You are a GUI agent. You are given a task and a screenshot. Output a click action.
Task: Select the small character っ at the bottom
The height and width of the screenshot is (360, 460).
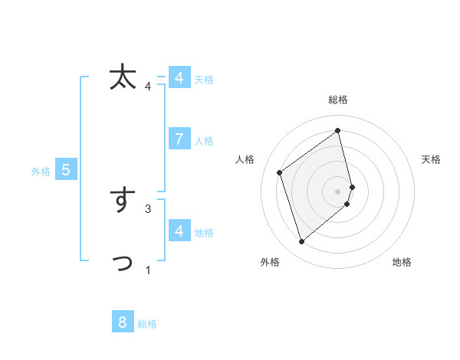coord(123,263)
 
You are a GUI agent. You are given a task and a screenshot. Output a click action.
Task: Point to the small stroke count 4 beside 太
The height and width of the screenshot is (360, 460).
coord(148,86)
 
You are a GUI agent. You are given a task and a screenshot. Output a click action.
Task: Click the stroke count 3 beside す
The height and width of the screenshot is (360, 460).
coord(148,208)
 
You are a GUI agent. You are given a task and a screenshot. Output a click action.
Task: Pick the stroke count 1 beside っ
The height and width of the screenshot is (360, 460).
coord(148,270)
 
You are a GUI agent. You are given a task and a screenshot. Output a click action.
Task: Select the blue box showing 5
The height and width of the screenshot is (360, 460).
coord(66,170)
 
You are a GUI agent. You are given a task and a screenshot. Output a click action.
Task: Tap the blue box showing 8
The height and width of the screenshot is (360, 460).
coord(123,322)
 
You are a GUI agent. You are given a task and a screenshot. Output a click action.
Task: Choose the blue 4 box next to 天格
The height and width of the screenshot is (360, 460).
coord(179,78)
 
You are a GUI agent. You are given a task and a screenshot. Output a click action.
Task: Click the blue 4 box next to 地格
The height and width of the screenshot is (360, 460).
coord(179,231)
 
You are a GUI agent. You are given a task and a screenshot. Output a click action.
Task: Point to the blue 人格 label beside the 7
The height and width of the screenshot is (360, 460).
coord(204,141)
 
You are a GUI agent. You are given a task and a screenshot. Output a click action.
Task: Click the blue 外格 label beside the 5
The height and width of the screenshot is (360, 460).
coord(41,172)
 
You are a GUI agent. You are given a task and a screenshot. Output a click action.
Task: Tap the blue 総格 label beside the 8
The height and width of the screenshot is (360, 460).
coord(147,324)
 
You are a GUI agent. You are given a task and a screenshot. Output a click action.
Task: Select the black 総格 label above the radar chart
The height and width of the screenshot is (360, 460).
coord(338,100)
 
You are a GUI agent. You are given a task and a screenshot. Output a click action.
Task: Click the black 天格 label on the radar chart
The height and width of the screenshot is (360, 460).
coord(432,159)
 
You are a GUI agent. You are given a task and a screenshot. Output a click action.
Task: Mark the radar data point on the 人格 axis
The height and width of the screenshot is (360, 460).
coord(280,172)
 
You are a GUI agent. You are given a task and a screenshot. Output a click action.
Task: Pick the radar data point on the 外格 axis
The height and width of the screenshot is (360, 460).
coord(301,242)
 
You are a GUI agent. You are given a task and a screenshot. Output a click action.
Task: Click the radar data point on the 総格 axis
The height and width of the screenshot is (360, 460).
coord(338,131)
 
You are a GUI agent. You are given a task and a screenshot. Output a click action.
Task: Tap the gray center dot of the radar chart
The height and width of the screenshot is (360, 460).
coord(338,191)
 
